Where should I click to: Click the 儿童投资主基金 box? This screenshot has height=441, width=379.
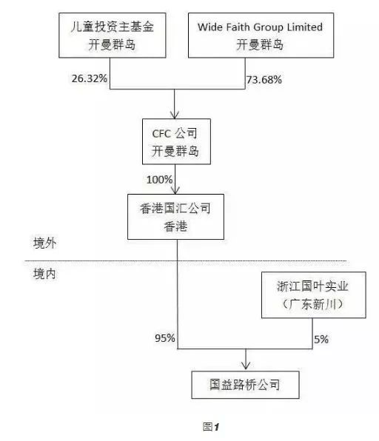[x=113, y=36]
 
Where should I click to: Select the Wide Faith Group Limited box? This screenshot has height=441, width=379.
[x=261, y=36]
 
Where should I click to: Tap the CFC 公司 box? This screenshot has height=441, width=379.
[x=176, y=141]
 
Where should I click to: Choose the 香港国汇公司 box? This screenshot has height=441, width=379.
[x=175, y=217]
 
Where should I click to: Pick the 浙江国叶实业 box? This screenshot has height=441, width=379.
[x=314, y=295]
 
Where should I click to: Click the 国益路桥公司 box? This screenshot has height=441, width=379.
[x=245, y=385]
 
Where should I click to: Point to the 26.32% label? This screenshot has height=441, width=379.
[x=89, y=78]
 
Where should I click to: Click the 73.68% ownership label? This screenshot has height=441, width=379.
[x=264, y=80]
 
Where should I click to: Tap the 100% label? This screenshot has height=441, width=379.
[x=159, y=180]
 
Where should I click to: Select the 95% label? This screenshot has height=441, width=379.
[x=165, y=338]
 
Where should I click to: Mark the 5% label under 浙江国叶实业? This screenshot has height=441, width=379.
[x=321, y=339]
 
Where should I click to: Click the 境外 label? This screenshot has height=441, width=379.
[x=44, y=243]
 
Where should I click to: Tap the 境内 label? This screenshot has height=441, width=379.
[x=44, y=274]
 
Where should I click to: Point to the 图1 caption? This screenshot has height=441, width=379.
[x=211, y=427]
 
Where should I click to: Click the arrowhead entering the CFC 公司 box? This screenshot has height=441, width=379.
[x=175, y=115]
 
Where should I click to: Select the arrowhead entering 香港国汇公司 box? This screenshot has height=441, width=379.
[x=175, y=190]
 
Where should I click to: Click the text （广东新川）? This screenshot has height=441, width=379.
[x=312, y=304]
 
